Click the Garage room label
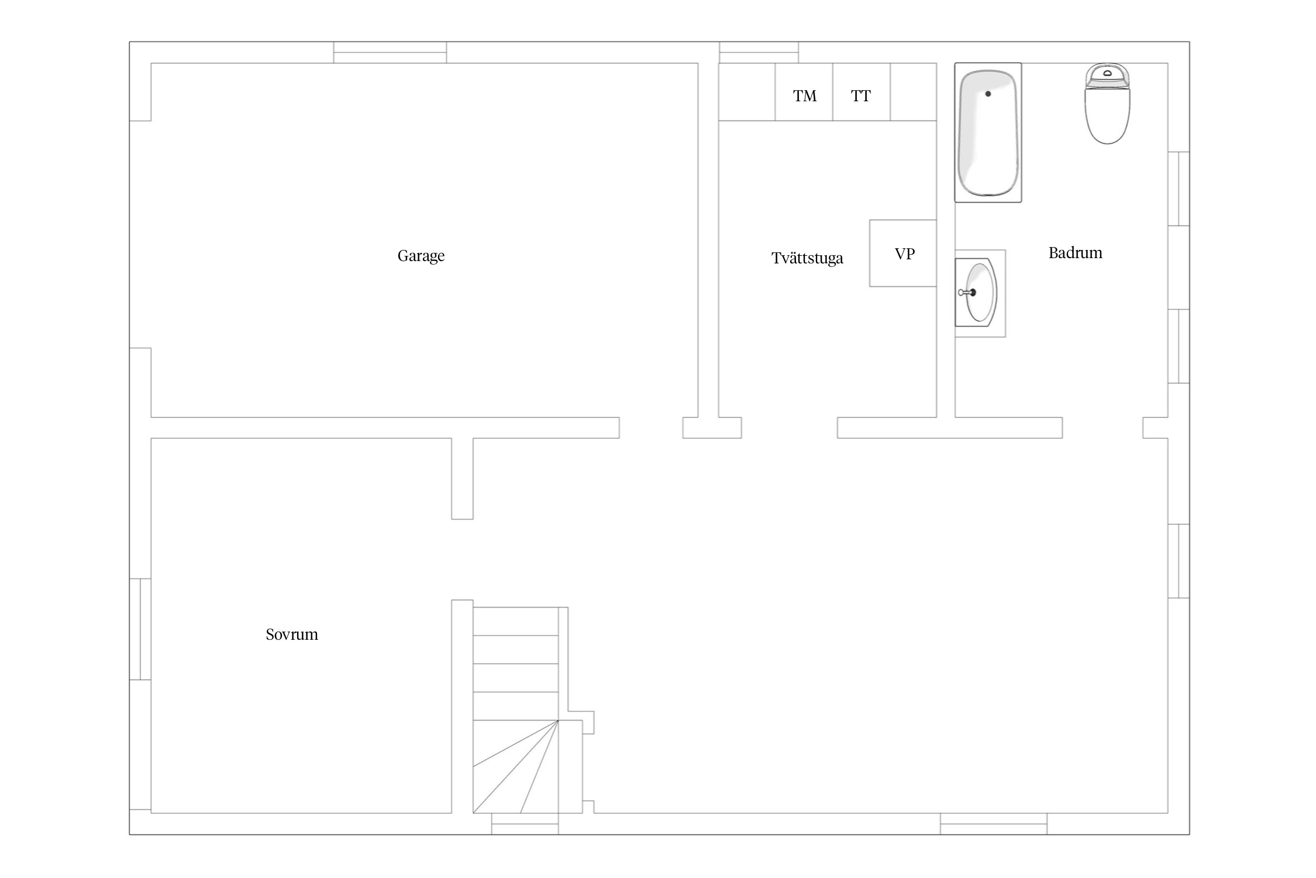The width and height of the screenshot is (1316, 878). (421, 256)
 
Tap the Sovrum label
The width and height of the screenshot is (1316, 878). (292, 635)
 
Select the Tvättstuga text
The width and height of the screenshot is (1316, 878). (807, 258)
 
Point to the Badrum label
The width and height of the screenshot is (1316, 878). (1075, 253)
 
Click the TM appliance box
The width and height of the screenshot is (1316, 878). (804, 92)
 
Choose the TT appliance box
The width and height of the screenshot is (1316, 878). (862, 92)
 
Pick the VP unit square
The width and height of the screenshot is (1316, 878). (903, 253)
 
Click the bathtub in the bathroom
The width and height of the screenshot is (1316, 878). (988, 133)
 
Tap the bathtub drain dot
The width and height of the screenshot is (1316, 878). (988, 94)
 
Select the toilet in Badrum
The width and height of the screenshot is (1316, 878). (1107, 104)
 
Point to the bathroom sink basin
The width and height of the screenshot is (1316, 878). (980, 292)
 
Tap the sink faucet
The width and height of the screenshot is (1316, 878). (967, 292)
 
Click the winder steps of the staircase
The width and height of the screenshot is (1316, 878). (515, 767)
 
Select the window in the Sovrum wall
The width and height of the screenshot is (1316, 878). (140, 629)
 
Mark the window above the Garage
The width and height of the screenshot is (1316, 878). (390, 52)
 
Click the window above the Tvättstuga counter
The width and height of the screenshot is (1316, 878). (759, 52)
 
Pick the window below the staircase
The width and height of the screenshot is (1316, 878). (525, 824)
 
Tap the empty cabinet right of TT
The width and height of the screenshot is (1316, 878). (913, 92)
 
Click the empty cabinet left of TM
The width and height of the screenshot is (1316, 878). (747, 92)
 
